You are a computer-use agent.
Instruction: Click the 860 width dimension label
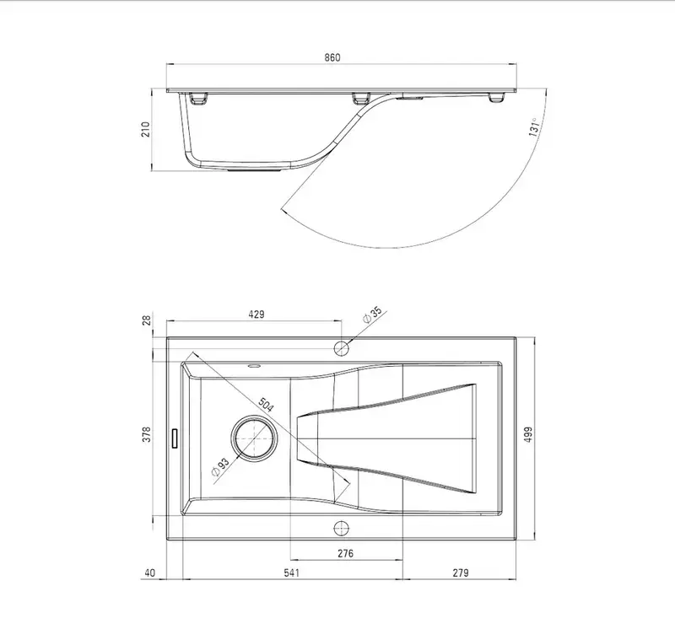[x=332, y=57]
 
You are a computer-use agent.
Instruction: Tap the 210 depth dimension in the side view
[x=146, y=129]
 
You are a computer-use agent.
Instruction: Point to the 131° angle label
[x=534, y=127]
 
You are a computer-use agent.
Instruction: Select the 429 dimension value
[x=256, y=314]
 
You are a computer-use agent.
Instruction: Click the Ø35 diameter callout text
[x=373, y=314]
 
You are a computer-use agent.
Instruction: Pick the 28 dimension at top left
[x=147, y=320]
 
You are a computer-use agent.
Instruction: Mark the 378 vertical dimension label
[x=147, y=434]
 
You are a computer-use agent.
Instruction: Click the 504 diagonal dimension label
[x=266, y=405]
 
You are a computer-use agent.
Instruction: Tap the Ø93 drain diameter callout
[x=220, y=467]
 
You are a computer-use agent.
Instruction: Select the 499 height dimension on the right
[x=529, y=434]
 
